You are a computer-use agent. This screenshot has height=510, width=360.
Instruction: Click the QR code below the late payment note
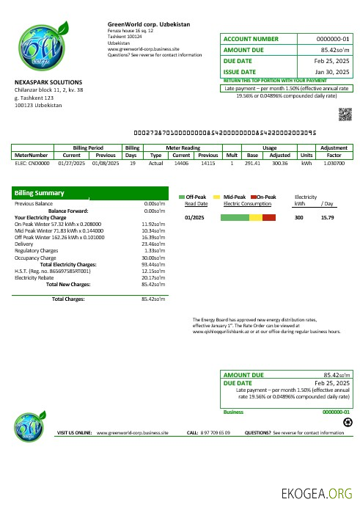[x=345, y=112]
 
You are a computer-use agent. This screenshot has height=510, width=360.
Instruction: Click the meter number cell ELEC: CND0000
[x=31, y=163]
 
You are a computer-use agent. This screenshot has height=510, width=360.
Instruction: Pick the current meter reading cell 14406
[x=181, y=163]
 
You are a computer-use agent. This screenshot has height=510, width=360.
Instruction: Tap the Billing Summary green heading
[x=40, y=193]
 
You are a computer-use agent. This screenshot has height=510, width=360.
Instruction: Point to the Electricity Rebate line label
[x=35, y=277]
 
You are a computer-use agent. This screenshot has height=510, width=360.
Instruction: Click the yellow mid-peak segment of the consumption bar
[x=255, y=217]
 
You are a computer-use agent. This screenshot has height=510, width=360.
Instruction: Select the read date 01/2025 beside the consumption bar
[x=194, y=217]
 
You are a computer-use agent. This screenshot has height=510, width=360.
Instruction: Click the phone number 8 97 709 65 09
[x=215, y=434]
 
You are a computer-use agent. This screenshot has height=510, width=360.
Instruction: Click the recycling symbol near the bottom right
[x=347, y=423]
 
